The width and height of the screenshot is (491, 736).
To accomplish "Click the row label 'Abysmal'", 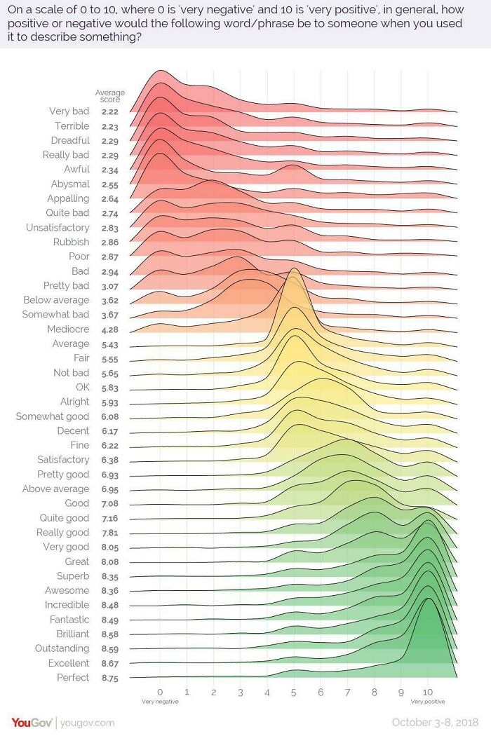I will [70, 184].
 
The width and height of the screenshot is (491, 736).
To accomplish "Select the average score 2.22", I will [109, 111].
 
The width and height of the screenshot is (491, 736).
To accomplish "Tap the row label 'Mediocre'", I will [68, 329].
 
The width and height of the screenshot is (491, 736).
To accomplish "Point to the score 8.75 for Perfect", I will [109, 678].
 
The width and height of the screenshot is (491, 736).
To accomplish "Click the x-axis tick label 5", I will [294, 692].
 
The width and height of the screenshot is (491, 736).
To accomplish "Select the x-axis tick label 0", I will [160, 692].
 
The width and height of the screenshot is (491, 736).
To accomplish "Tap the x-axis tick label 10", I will [427, 692].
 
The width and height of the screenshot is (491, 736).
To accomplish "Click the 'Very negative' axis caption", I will [160, 702].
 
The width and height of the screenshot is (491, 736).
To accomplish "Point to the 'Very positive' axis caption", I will [427, 702].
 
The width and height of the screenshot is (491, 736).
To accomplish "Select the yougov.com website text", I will [87, 723].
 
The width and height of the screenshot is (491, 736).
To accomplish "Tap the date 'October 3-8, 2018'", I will [436, 723].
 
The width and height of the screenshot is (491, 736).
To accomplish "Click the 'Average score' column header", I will [109, 96].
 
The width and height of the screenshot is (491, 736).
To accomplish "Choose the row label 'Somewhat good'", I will [53, 416].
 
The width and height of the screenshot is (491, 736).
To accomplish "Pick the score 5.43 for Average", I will [109, 344].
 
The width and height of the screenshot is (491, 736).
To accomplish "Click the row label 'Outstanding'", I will [62, 648].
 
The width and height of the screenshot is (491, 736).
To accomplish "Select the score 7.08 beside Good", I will [109, 503].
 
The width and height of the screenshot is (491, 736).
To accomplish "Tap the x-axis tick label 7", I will [347, 692].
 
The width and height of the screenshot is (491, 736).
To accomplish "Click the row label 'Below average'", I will [56, 300].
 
